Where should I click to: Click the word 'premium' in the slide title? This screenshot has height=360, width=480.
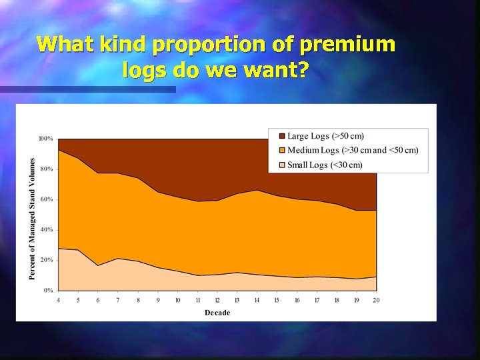point(347,45)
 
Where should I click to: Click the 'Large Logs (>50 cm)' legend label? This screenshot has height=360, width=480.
point(325,136)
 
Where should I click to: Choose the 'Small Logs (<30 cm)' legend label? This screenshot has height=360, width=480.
point(325,165)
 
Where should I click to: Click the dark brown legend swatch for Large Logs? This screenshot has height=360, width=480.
point(281,136)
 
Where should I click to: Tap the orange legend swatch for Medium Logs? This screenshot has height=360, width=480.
point(281,150)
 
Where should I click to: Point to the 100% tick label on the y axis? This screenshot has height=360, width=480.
point(45,139)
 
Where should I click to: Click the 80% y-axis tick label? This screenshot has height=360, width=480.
point(47,169)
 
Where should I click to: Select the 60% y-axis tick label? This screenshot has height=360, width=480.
point(47,199)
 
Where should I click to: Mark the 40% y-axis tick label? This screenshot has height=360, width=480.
point(47,230)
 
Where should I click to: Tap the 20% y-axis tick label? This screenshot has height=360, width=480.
point(47,260)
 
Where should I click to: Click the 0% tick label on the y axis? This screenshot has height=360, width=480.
point(48,291)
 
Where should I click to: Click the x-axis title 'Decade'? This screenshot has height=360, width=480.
point(217,313)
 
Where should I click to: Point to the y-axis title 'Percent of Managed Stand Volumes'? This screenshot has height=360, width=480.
point(32,218)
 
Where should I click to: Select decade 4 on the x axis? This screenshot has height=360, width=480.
point(59,301)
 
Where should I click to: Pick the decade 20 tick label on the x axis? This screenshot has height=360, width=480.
point(377,301)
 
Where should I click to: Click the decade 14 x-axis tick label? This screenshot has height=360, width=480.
point(257,301)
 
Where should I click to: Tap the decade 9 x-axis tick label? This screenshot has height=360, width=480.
point(158,301)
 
